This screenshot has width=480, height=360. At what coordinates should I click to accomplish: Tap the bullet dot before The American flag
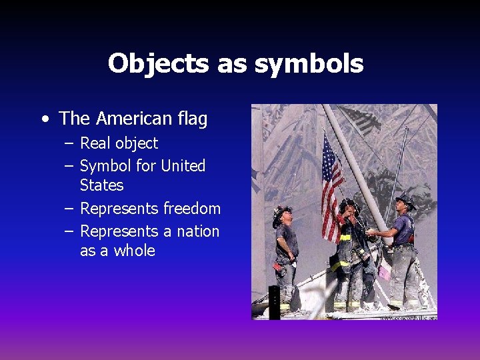coord(44,120)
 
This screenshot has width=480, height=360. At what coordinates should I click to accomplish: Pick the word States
coord(101,185)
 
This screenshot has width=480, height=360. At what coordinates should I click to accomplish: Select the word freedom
coord(191,209)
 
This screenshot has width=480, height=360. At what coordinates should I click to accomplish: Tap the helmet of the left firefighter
coord(281,213)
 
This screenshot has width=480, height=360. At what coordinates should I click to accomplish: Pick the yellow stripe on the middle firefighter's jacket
coord(344,238)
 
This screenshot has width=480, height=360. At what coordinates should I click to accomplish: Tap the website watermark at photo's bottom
coord(408,317)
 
